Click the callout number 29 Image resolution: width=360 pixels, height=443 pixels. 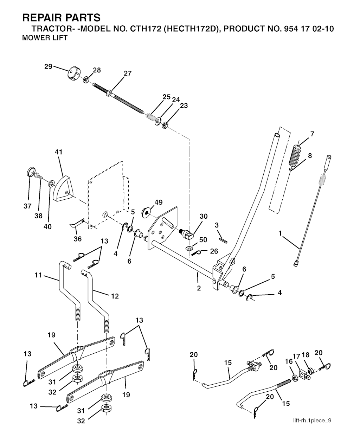point(48,66)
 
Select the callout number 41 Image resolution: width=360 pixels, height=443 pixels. point(58,152)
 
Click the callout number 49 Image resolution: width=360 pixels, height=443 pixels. point(159,202)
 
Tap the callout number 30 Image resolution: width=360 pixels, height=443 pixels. point(204,216)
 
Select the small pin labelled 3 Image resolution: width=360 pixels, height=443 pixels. point(223,240)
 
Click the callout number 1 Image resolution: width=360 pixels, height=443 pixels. point(280,233)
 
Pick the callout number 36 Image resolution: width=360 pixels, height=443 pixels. point(78,239)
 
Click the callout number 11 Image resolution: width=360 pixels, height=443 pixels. point(38,275)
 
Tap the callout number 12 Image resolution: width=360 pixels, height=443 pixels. point(115,296)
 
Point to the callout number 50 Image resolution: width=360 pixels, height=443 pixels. point(203,240)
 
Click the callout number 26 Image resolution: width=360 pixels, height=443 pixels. point(214,251)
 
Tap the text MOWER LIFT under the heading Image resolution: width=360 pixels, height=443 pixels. point(45,38)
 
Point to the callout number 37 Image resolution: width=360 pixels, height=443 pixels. point(27,206)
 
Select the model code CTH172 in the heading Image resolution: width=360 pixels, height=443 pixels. point(146,29)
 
